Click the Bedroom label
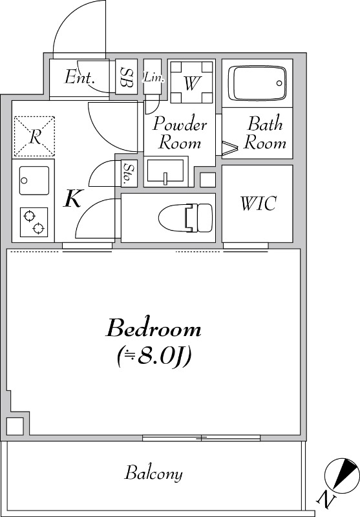pyautogui.click(x=153, y=328)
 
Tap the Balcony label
pyautogui.click(x=153, y=473)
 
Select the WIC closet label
pyautogui.click(x=258, y=204)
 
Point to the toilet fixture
pyautogui.click(x=185, y=218)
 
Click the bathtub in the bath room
pyautogui.click(x=257, y=83)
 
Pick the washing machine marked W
pyautogui.click(x=191, y=82)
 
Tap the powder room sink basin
pyautogui.click(x=165, y=171)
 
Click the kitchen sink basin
pyautogui.click(x=34, y=180)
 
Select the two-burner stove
pyautogui.click(x=34, y=222)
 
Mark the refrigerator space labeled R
pyautogui.click(x=34, y=136)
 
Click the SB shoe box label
pyautogui.click(x=127, y=77)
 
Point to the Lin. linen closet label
pyautogui.click(x=153, y=78)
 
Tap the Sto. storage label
pyautogui.click(x=127, y=173)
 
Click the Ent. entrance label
pyautogui.click(x=79, y=77)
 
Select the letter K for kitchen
pyautogui.click(x=73, y=198)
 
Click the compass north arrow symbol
pyautogui.click(x=342, y=474)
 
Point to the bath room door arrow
pyautogui.click(x=230, y=148)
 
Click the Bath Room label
pyautogui.click(x=265, y=133)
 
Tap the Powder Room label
pyautogui.click(x=180, y=133)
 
